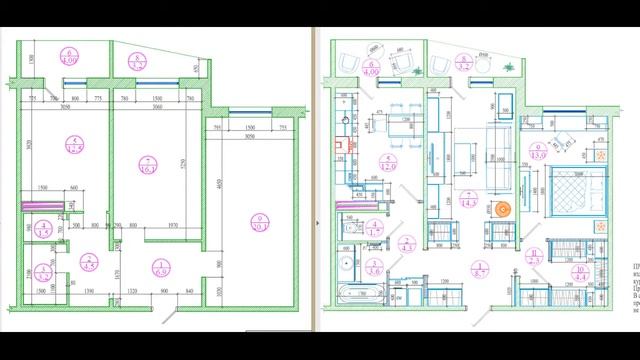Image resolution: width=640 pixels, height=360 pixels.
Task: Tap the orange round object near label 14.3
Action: click(503, 209)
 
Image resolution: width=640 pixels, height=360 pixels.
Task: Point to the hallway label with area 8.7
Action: click(478, 268)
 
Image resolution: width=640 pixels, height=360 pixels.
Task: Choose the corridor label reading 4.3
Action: click(408, 241)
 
